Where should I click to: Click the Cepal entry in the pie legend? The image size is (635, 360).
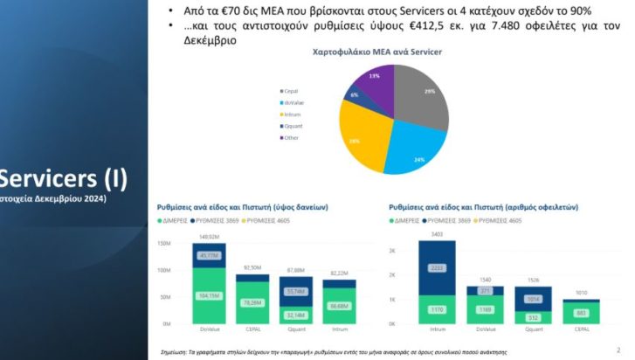[289, 90]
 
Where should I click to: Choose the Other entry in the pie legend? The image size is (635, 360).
[290, 137]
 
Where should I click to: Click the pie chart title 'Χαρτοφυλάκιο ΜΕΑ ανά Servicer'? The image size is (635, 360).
[376, 52]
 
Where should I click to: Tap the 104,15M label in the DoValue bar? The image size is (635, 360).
[210, 296]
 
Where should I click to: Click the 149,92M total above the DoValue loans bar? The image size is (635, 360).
[209, 237]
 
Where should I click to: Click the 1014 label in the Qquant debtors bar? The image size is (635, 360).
[534, 298]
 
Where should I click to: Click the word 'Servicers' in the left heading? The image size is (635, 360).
[46, 179]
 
